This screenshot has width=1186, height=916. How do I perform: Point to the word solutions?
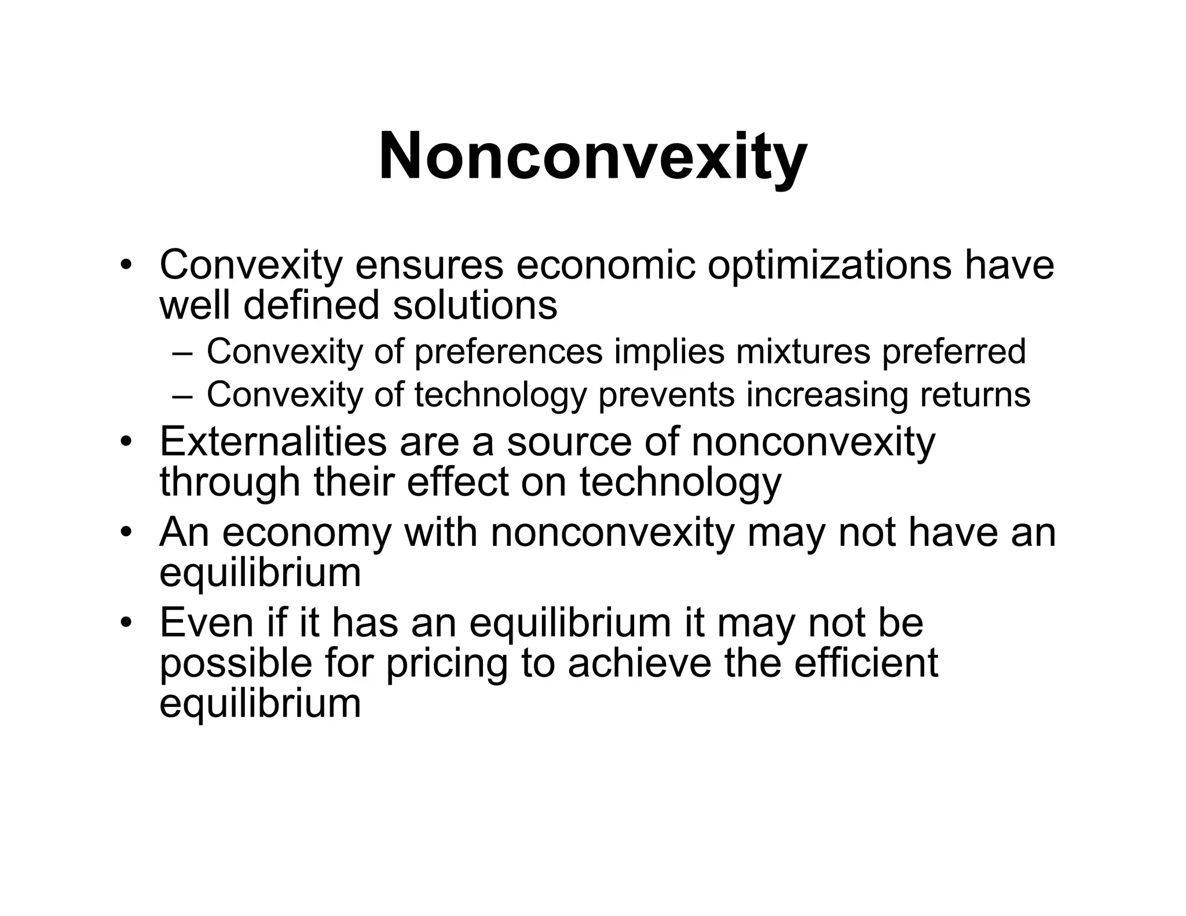475,305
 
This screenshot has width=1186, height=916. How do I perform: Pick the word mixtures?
803,351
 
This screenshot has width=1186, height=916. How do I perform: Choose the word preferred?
953,351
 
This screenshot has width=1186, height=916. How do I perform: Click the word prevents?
666,395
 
